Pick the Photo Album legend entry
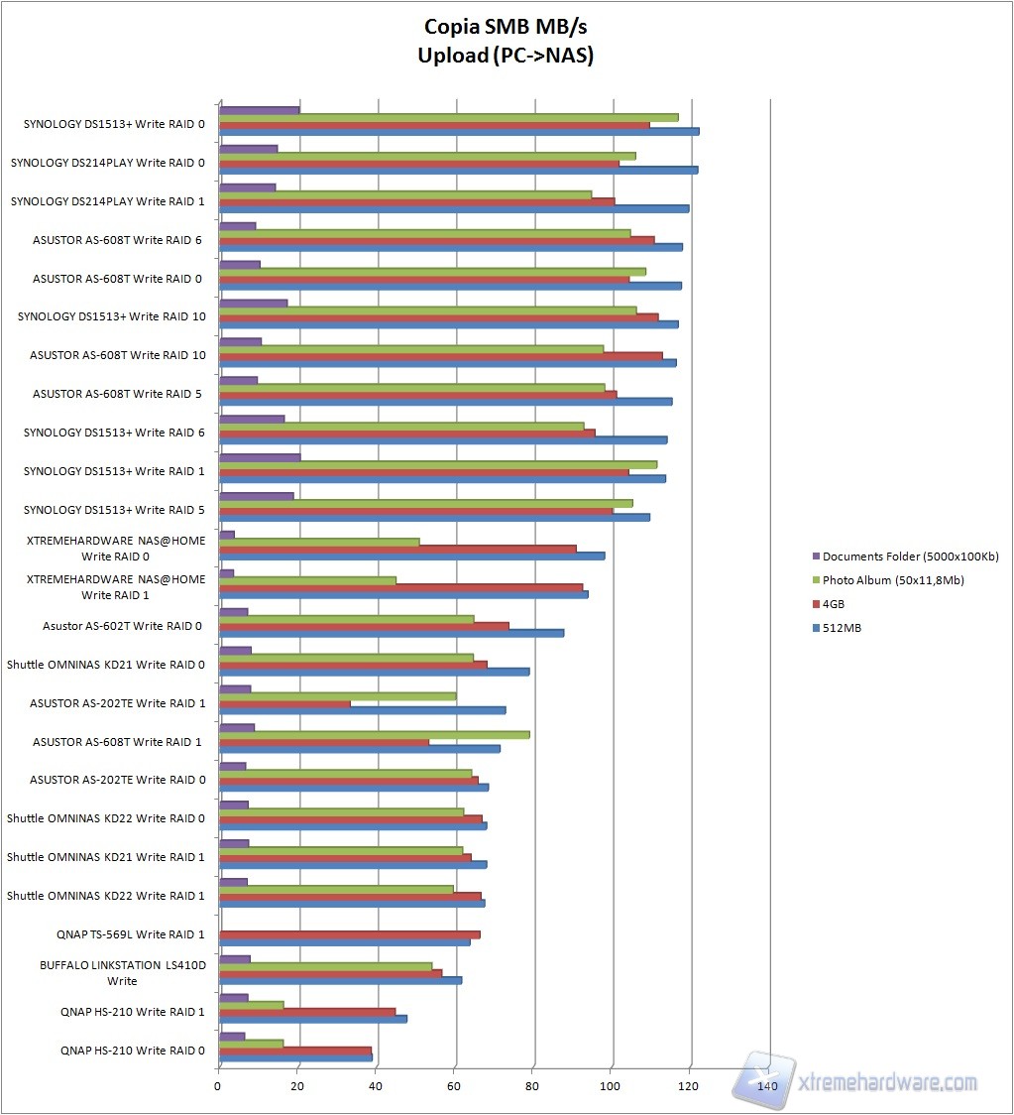click(893, 580)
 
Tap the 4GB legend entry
click(834, 604)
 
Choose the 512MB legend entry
click(842, 628)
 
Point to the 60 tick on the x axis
click(454, 1086)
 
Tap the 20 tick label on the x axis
click(297, 1086)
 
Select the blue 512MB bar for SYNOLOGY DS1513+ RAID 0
click(458, 132)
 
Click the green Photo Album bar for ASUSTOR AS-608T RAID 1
click(374, 735)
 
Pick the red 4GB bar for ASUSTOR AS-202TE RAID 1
click(284, 704)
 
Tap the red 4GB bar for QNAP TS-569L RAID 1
click(349, 934)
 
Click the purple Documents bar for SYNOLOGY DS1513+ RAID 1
click(259, 457)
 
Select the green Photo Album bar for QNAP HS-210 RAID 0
click(251, 1044)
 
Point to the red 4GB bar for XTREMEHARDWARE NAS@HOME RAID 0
click(396, 549)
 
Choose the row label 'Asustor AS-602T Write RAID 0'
click(122, 626)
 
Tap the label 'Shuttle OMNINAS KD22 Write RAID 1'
click(106, 896)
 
